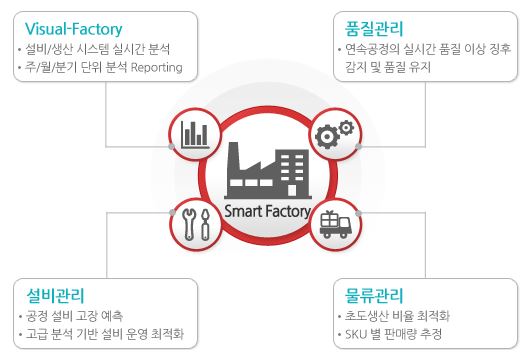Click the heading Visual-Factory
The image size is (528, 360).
coord(73,29)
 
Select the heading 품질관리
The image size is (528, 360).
coord(374,29)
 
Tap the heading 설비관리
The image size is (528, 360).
coord(55,295)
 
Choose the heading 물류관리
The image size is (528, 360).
coord(374,295)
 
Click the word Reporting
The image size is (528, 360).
coord(157,67)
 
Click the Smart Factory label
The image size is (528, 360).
coord(267,211)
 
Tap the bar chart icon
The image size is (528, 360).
coord(195,135)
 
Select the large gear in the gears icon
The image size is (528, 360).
coord(326,136)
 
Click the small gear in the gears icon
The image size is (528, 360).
coord(346,127)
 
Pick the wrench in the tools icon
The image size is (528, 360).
coord(188,224)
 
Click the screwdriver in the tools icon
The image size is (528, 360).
coord(205,224)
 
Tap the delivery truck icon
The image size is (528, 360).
coord(335,224)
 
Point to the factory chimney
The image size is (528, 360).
coord(233,156)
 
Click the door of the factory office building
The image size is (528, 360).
coord(292,190)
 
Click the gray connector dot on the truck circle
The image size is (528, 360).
coord(358,213)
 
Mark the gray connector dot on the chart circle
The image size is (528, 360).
coord(171,146)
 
